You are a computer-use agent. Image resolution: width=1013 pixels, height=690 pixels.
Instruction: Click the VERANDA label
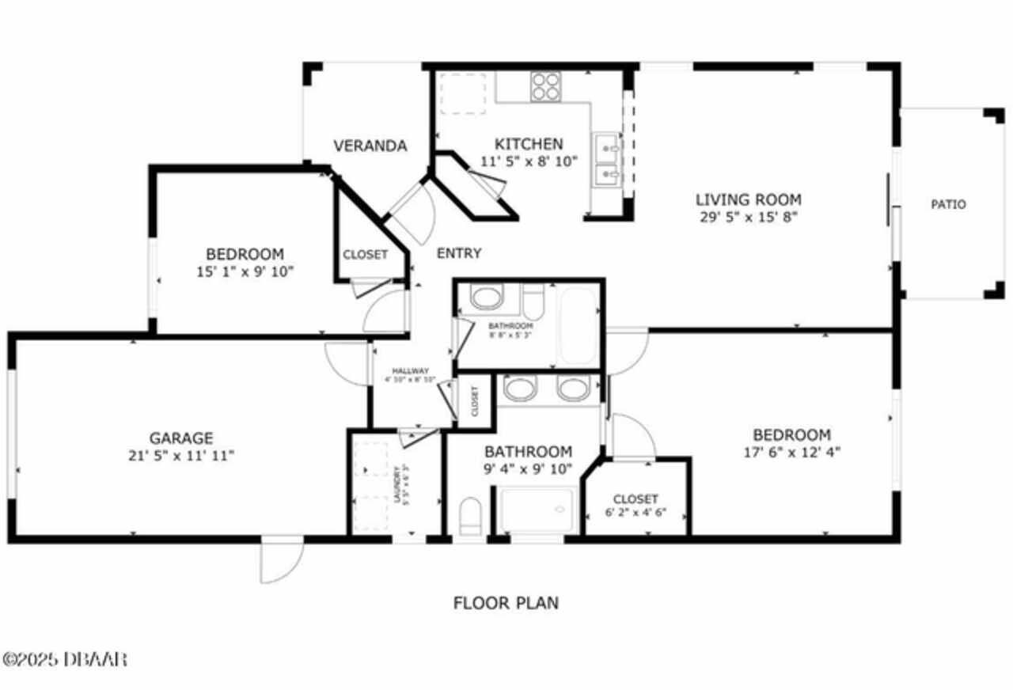(x=370, y=146)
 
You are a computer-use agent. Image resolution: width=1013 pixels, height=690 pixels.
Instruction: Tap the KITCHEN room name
(x=529, y=144)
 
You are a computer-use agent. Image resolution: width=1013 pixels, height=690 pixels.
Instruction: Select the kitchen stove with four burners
(x=545, y=85)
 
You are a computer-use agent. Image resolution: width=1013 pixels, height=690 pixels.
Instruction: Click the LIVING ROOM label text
(x=748, y=199)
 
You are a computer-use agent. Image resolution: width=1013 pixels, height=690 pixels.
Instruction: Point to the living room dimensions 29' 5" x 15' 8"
(x=748, y=217)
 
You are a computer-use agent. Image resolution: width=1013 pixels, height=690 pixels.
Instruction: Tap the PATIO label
(x=947, y=204)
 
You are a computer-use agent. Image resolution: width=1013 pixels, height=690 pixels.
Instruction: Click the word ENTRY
(x=459, y=253)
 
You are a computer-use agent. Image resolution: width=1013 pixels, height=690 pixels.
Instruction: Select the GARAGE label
(x=181, y=438)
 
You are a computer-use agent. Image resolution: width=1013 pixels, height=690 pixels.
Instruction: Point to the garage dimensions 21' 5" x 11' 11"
(x=181, y=456)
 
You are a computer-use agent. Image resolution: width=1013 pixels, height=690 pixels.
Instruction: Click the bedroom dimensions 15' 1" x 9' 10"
(x=245, y=272)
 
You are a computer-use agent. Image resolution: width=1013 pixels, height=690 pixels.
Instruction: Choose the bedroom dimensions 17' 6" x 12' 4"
(x=791, y=453)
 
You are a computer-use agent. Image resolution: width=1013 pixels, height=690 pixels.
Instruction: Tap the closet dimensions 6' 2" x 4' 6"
(x=635, y=512)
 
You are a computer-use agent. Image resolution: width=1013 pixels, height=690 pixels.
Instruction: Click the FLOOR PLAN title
(x=506, y=603)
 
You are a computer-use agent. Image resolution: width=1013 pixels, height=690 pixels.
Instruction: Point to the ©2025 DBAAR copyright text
(x=65, y=658)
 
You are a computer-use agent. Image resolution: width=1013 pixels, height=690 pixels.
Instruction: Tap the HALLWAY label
(x=410, y=371)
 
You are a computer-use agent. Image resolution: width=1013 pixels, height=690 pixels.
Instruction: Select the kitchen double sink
(x=606, y=158)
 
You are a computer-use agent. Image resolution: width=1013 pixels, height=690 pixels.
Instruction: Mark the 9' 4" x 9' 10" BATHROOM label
(x=528, y=452)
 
